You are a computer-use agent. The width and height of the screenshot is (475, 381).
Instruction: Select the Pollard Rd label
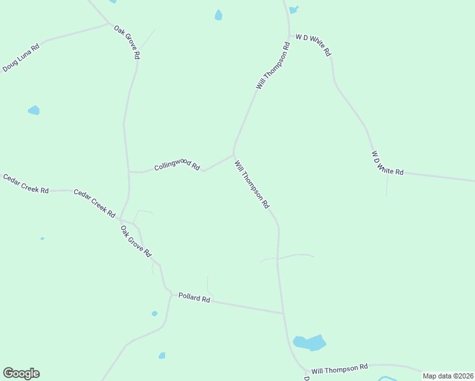click(x=194, y=297)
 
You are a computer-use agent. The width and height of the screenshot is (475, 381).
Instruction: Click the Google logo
click(x=21, y=373)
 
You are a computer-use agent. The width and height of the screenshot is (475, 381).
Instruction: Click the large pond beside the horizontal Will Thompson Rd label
click(x=310, y=343)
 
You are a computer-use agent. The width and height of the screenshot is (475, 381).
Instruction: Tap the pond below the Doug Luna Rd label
click(x=34, y=110)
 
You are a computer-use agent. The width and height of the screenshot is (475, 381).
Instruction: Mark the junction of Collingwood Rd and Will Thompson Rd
click(x=234, y=154)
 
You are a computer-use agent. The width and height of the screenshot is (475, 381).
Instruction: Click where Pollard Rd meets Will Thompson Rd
click(x=283, y=313)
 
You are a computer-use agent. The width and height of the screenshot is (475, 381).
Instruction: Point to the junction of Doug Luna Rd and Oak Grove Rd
click(x=109, y=24)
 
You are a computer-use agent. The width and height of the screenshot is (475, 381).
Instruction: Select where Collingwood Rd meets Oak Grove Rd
click(x=129, y=171)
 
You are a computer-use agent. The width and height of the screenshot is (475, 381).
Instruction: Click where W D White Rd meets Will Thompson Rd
click(x=290, y=36)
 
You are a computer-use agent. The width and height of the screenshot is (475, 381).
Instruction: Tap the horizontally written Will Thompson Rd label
click(x=340, y=368)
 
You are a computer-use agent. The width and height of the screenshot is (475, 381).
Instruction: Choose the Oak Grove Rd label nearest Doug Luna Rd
click(x=127, y=42)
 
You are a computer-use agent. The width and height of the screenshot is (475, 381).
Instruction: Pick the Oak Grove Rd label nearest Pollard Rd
click(x=136, y=241)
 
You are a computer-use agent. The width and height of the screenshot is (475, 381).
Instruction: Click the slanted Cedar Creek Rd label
click(x=94, y=203)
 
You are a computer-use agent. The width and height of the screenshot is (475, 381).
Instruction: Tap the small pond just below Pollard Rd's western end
click(x=154, y=314)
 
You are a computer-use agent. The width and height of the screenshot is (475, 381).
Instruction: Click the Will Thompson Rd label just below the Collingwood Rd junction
click(x=252, y=185)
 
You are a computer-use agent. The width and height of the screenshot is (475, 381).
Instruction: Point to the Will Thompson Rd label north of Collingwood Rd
click(x=273, y=65)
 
